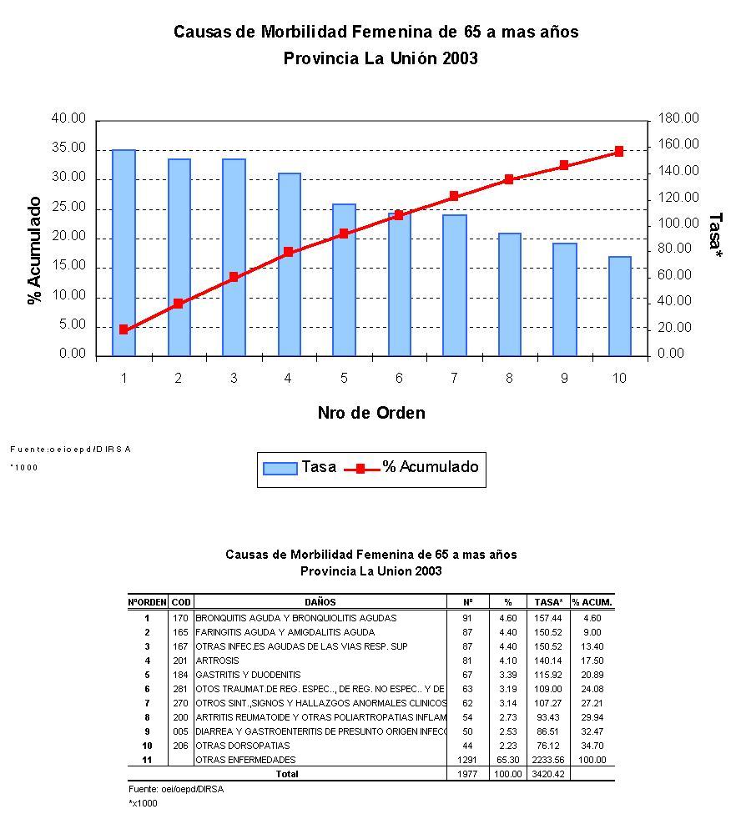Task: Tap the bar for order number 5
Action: tap(344, 279)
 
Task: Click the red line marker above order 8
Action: tap(509, 179)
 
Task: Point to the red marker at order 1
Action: tap(123, 329)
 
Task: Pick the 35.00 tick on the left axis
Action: tap(69, 148)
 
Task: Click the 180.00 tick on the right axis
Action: tap(678, 118)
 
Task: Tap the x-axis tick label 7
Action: tap(454, 379)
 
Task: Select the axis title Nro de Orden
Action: tap(370, 413)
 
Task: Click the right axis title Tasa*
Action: tap(715, 234)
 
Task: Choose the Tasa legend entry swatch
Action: tap(280, 468)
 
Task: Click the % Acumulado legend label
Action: tap(431, 467)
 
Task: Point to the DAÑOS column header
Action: tap(320, 601)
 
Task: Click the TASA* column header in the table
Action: tap(548, 601)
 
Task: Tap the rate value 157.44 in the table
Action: tap(548, 618)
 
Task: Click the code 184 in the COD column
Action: tap(180, 675)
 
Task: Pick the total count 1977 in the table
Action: tap(466, 774)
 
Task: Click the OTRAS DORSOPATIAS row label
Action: tap(243, 746)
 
